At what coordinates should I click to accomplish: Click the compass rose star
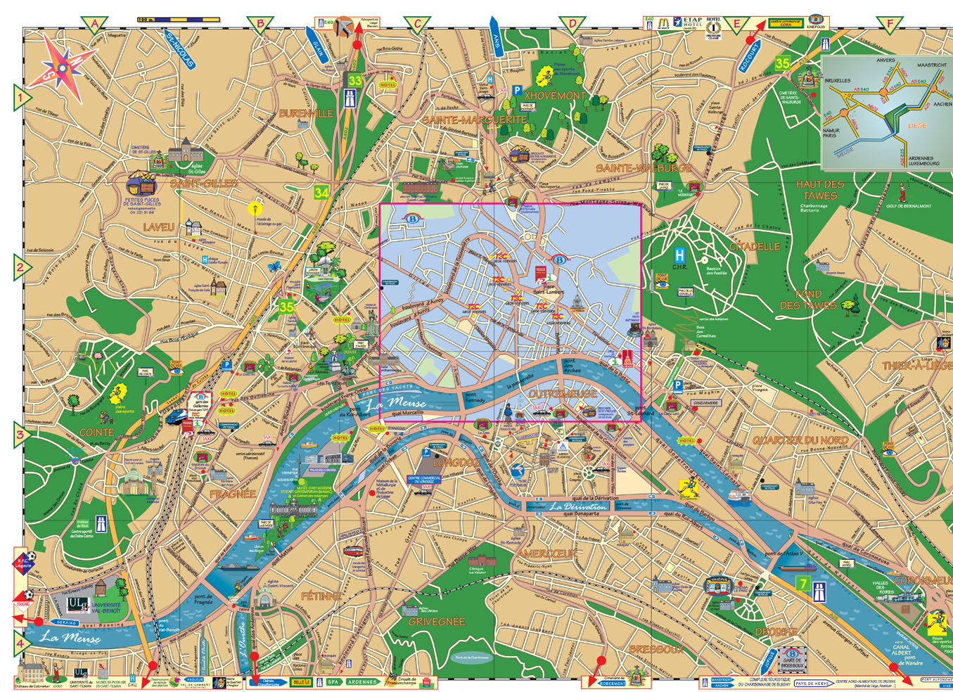(62, 66)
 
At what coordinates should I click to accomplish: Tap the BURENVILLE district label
(306, 113)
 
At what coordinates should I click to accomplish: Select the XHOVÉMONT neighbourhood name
(555, 95)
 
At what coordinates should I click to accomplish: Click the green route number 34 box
(321, 192)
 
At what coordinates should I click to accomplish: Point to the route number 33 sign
(354, 81)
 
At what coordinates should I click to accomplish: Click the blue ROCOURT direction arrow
(750, 56)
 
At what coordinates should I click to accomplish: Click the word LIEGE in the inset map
(917, 126)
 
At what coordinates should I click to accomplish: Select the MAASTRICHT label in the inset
(932, 65)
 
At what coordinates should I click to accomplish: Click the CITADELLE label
(755, 247)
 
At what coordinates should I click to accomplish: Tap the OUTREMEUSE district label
(563, 394)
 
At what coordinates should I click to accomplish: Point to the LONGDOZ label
(456, 463)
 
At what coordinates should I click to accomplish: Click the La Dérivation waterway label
(578, 506)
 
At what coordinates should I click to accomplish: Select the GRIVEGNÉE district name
(437, 622)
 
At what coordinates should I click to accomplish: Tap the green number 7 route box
(802, 584)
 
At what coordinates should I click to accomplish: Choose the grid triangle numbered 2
(21, 267)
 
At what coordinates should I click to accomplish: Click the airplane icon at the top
(344, 27)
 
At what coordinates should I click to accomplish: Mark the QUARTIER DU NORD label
(800, 440)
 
